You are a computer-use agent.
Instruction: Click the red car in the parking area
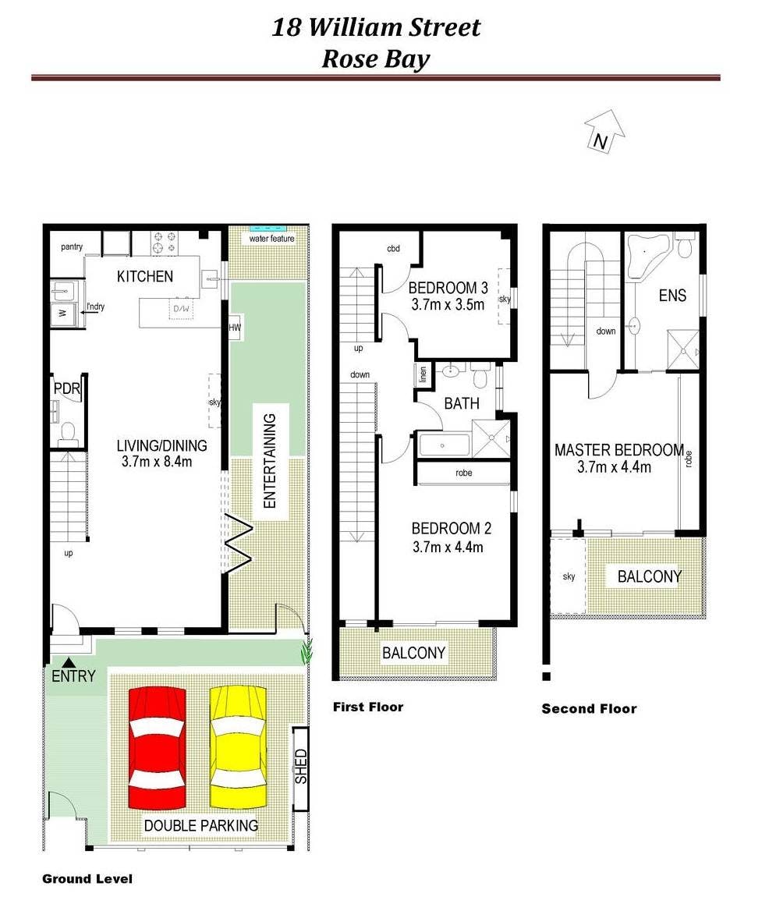pyautogui.click(x=158, y=748)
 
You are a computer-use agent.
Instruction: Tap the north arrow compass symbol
pyautogui.click(x=604, y=132)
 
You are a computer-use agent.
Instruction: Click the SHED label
pyautogui.click(x=301, y=766)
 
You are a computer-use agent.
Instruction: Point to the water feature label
pyautogui.click(x=271, y=238)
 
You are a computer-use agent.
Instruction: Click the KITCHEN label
pyautogui.click(x=145, y=277)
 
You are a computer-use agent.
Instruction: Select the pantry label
pyautogui.click(x=72, y=246)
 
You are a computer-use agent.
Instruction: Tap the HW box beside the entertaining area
pyautogui.click(x=235, y=328)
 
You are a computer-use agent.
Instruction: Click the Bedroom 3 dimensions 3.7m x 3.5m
pyautogui.click(x=448, y=305)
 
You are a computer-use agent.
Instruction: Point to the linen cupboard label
pyautogui.click(x=423, y=374)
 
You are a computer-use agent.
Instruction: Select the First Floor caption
pyautogui.click(x=368, y=707)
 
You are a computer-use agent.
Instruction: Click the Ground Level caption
pyautogui.click(x=87, y=878)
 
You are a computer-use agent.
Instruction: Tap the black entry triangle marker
pyautogui.click(x=69, y=662)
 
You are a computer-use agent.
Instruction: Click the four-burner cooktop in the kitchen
pyautogui.click(x=165, y=243)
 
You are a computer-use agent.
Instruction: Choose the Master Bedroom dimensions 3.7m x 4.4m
pyautogui.click(x=615, y=467)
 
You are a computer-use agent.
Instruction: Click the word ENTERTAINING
pyautogui.click(x=269, y=461)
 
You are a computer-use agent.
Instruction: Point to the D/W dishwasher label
pyautogui.click(x=181, y=309)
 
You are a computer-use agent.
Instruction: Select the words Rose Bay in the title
pyautogui.click(x=376, y=58)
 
